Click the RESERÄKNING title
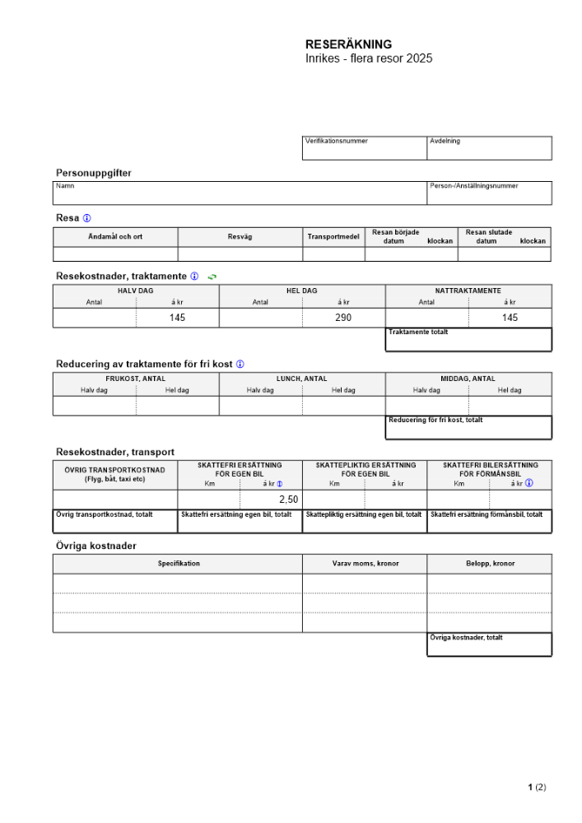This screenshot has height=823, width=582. pyautogui.click(x=348, y=44)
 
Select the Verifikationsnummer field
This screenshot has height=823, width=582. pyautogui.click(x=365, y=148)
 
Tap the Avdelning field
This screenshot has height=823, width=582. pyautogui.click(x=489, y=148)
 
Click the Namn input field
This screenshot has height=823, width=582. pyautogui.click(x=240, y=193)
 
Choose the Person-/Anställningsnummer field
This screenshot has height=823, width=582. pyautogui.click(x=489, y=193)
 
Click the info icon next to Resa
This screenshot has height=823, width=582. pyautogui.click(x=87, y=218)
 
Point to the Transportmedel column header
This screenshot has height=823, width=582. pyautogui.click(x=333, y=237)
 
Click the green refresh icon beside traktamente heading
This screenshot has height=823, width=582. pyautogui.click(x=212, y=277)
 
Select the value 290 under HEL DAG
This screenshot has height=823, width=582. pyautogui.click(x=343, y=318)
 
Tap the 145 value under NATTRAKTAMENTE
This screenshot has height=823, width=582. pyautogui.click(x=510, y=318)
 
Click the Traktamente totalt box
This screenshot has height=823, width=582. pyautogui.click(x=468, y=339)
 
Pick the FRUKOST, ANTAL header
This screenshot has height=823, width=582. pyautogui.click(x=136, y=379)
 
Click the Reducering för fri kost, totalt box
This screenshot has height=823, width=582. pyautogui.click(x=468, y=427)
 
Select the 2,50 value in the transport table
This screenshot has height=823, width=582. pyautogui.click(x=288, y=499)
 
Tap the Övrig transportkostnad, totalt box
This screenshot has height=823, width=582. pyautogui.click(x=115, y=522)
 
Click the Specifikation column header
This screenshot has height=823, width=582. pyautogui.click(x=179, y=564)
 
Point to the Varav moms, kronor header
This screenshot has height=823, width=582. pyautogui.click(x=365, y=564)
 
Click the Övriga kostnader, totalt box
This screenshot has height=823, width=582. pyautogui.click(x=489, y=644)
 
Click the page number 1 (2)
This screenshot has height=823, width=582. pyautogui.click(x=537, y=788)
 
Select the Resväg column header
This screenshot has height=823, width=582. pyautogui.click(x=240, y=237)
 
